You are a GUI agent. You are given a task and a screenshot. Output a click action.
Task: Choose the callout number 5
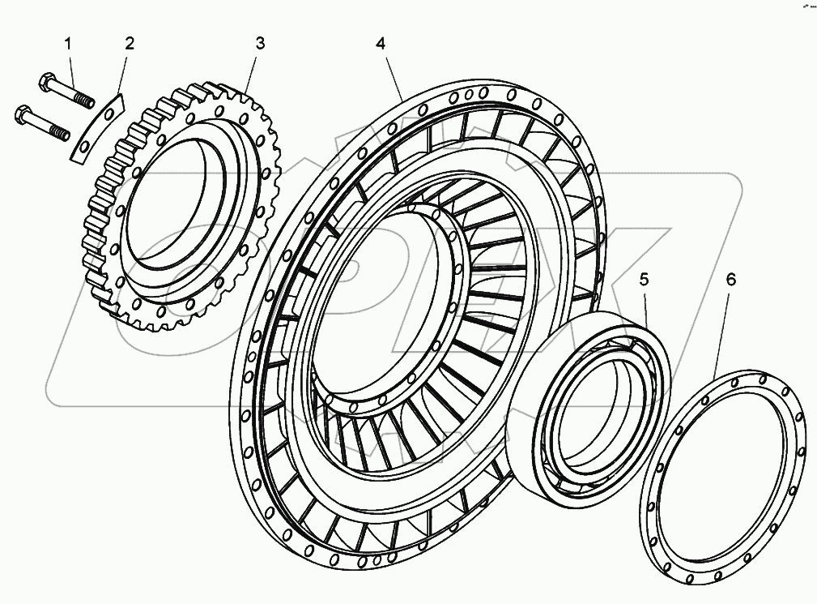[x=644, y=280]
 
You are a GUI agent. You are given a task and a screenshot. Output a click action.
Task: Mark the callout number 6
[x=730, y=280]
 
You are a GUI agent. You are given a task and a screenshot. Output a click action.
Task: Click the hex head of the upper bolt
[x=46, y=80]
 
